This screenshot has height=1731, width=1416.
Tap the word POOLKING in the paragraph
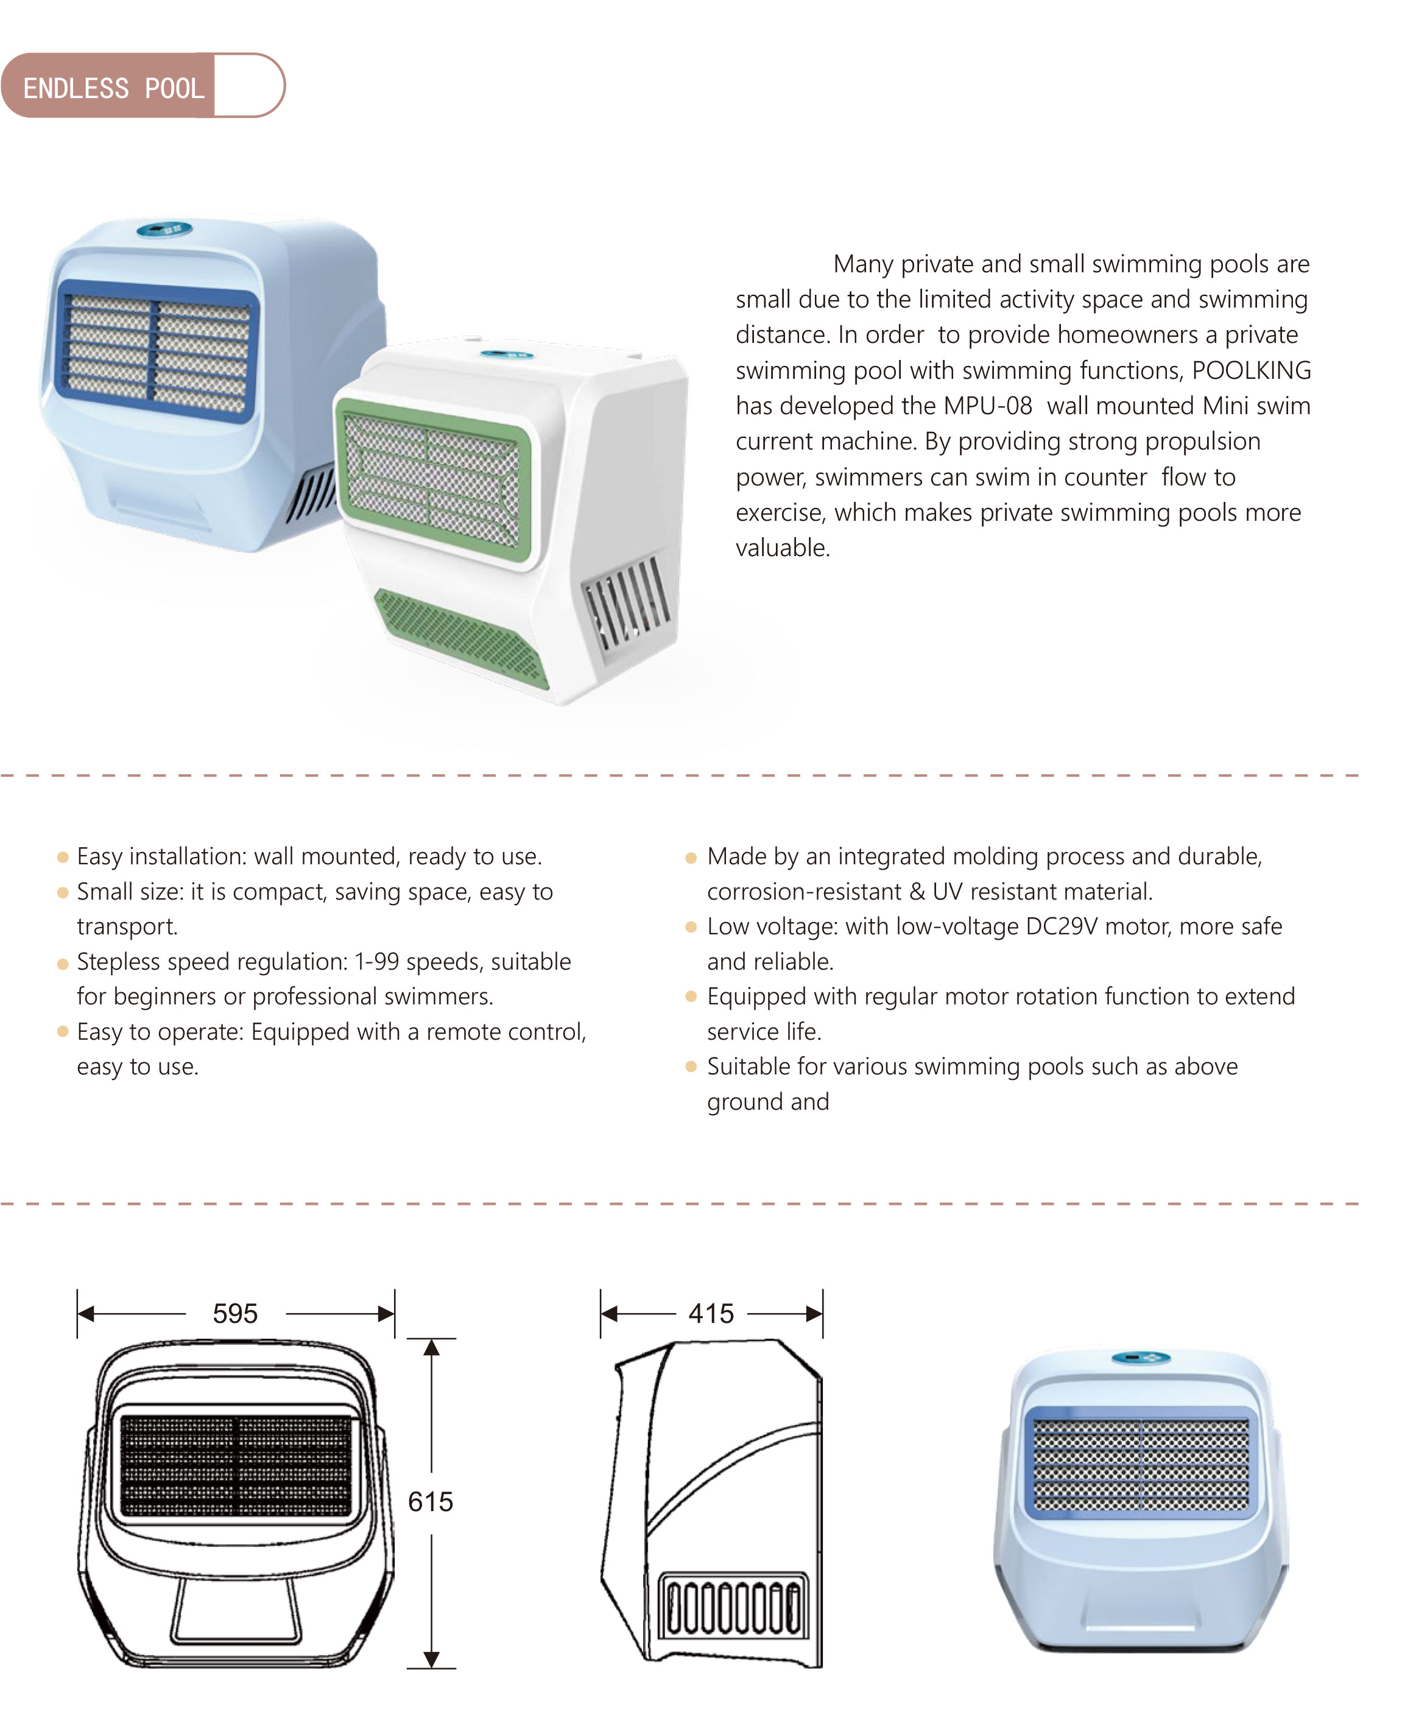click(x=1250, y=370)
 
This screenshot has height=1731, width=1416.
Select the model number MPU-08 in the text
click(x=987, y=406)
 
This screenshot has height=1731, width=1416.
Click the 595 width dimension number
click(x=235, y=1313)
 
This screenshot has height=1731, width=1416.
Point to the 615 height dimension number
click(x=430, y=1502)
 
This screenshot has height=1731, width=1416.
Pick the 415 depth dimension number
click(x=711, y=1313)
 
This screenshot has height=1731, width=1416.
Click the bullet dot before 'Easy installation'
click(x=63, y=858)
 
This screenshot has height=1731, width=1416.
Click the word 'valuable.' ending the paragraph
click(x=782, y=548)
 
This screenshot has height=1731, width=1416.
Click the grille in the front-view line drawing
click(x=236, y=1466)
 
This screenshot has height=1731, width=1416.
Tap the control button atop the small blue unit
click(x=1141, y=1358)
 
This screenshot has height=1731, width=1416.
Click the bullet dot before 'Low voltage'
click(x=691, y=928)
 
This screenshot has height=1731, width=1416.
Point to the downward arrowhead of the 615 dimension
click(x=431, y=1659)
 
